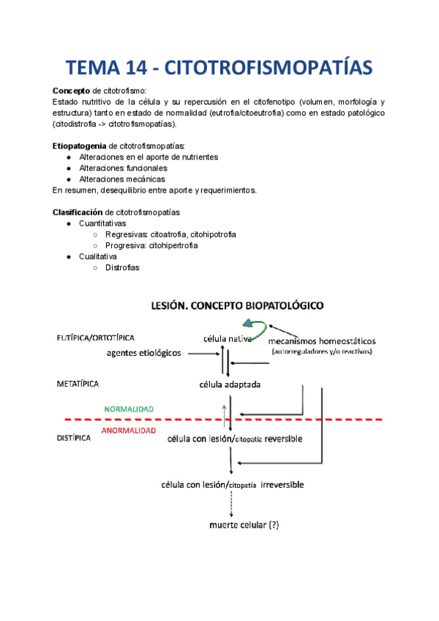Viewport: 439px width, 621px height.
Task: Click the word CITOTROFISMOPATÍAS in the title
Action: click(x=270, y=68)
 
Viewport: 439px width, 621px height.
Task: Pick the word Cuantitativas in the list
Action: click(x=102, y=223)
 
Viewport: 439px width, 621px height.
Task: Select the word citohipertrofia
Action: click(x=173, y=245)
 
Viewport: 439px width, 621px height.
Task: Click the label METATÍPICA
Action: click(x=78, y=384)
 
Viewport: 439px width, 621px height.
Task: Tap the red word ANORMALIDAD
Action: click(x=128, y=431)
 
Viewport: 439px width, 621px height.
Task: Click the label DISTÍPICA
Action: click(x=74, y=438)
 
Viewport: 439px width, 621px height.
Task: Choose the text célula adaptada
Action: click(x=230, y=384)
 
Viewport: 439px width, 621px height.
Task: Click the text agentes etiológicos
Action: click(x=144, y=353)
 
